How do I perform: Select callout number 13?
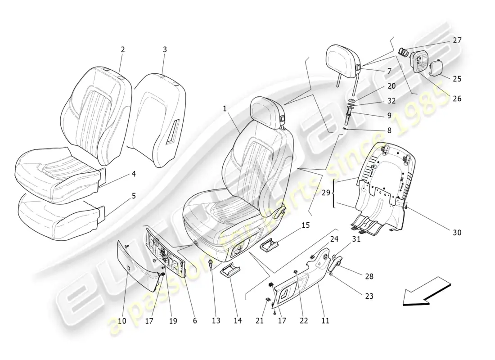pos(216,320)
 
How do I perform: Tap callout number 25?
pos(457,79)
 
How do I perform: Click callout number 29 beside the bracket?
pos(326,192)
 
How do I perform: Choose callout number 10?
pos(122,321)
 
